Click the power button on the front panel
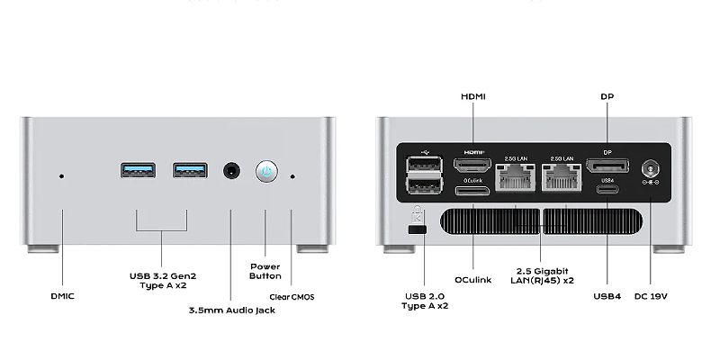[x=265, y=171]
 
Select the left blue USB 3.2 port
[x=137, y=170]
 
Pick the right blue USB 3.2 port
[x=189, y=170]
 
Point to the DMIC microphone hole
[x=61, y=175]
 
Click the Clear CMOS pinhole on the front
[x=292, y=175]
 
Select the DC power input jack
[x=650, y=168]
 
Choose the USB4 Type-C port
[x=607, y=187]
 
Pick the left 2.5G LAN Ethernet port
[x=516, y=179]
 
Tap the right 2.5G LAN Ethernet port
[x=562, y=179]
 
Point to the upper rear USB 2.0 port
[x=424, y=164]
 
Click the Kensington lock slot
[x=416, y=231]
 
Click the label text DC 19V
[x=651, y=296]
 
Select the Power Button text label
[x=265, y=271]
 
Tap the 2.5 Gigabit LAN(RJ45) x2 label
[x=540, y=276]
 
